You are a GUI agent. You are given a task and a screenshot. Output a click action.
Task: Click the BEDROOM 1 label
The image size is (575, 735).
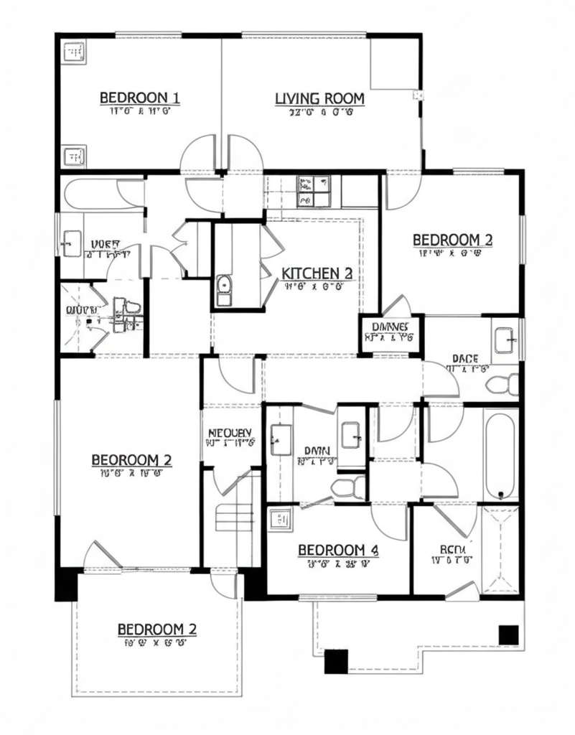(139, 98)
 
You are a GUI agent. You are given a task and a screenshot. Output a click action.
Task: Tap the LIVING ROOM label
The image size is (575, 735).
(319, 98)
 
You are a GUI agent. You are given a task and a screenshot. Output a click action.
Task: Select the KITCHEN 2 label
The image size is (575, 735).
(317, 273)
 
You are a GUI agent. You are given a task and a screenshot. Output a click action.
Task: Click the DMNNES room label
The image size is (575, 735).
(391, 327)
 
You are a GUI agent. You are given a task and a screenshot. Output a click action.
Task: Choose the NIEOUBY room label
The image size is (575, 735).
(230, 433)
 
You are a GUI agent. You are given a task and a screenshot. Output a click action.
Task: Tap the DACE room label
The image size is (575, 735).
(465, 357)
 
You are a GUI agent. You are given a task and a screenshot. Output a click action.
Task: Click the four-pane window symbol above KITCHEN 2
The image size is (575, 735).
(313, 190)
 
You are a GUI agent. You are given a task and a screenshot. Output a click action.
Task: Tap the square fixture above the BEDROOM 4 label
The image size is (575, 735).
(279, 518)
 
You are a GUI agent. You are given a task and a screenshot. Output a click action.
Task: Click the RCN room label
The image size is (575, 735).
(453, 550)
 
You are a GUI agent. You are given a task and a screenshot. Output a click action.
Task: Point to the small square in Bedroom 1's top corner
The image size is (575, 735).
(74, 52)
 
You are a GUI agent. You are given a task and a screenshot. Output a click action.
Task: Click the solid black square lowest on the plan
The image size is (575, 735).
(335, 660)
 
